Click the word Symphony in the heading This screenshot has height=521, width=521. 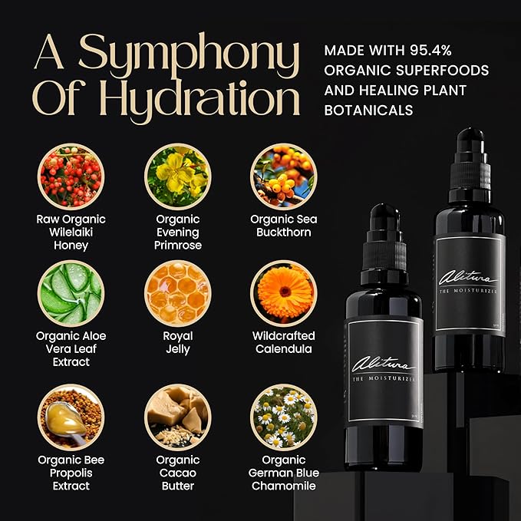[x=189, y=54]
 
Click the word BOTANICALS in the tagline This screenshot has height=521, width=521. [x=368, y=110]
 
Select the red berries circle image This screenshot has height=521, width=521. [x=71, y=177]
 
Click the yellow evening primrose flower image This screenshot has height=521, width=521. [x=177, y=177]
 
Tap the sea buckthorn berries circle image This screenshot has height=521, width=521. [x=283, y=177]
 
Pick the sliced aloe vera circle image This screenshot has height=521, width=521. [x=71, y=294]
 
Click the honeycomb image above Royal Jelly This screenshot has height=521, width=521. [x=177, y=294]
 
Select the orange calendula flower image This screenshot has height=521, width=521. [x=283, y=294]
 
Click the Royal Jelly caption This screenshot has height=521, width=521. [x=177, y=342]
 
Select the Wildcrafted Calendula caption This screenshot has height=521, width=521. [x=283, y=342]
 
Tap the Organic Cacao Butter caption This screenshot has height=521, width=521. [x=177, y=473]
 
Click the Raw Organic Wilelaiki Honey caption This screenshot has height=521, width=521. [x=71, y=232]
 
